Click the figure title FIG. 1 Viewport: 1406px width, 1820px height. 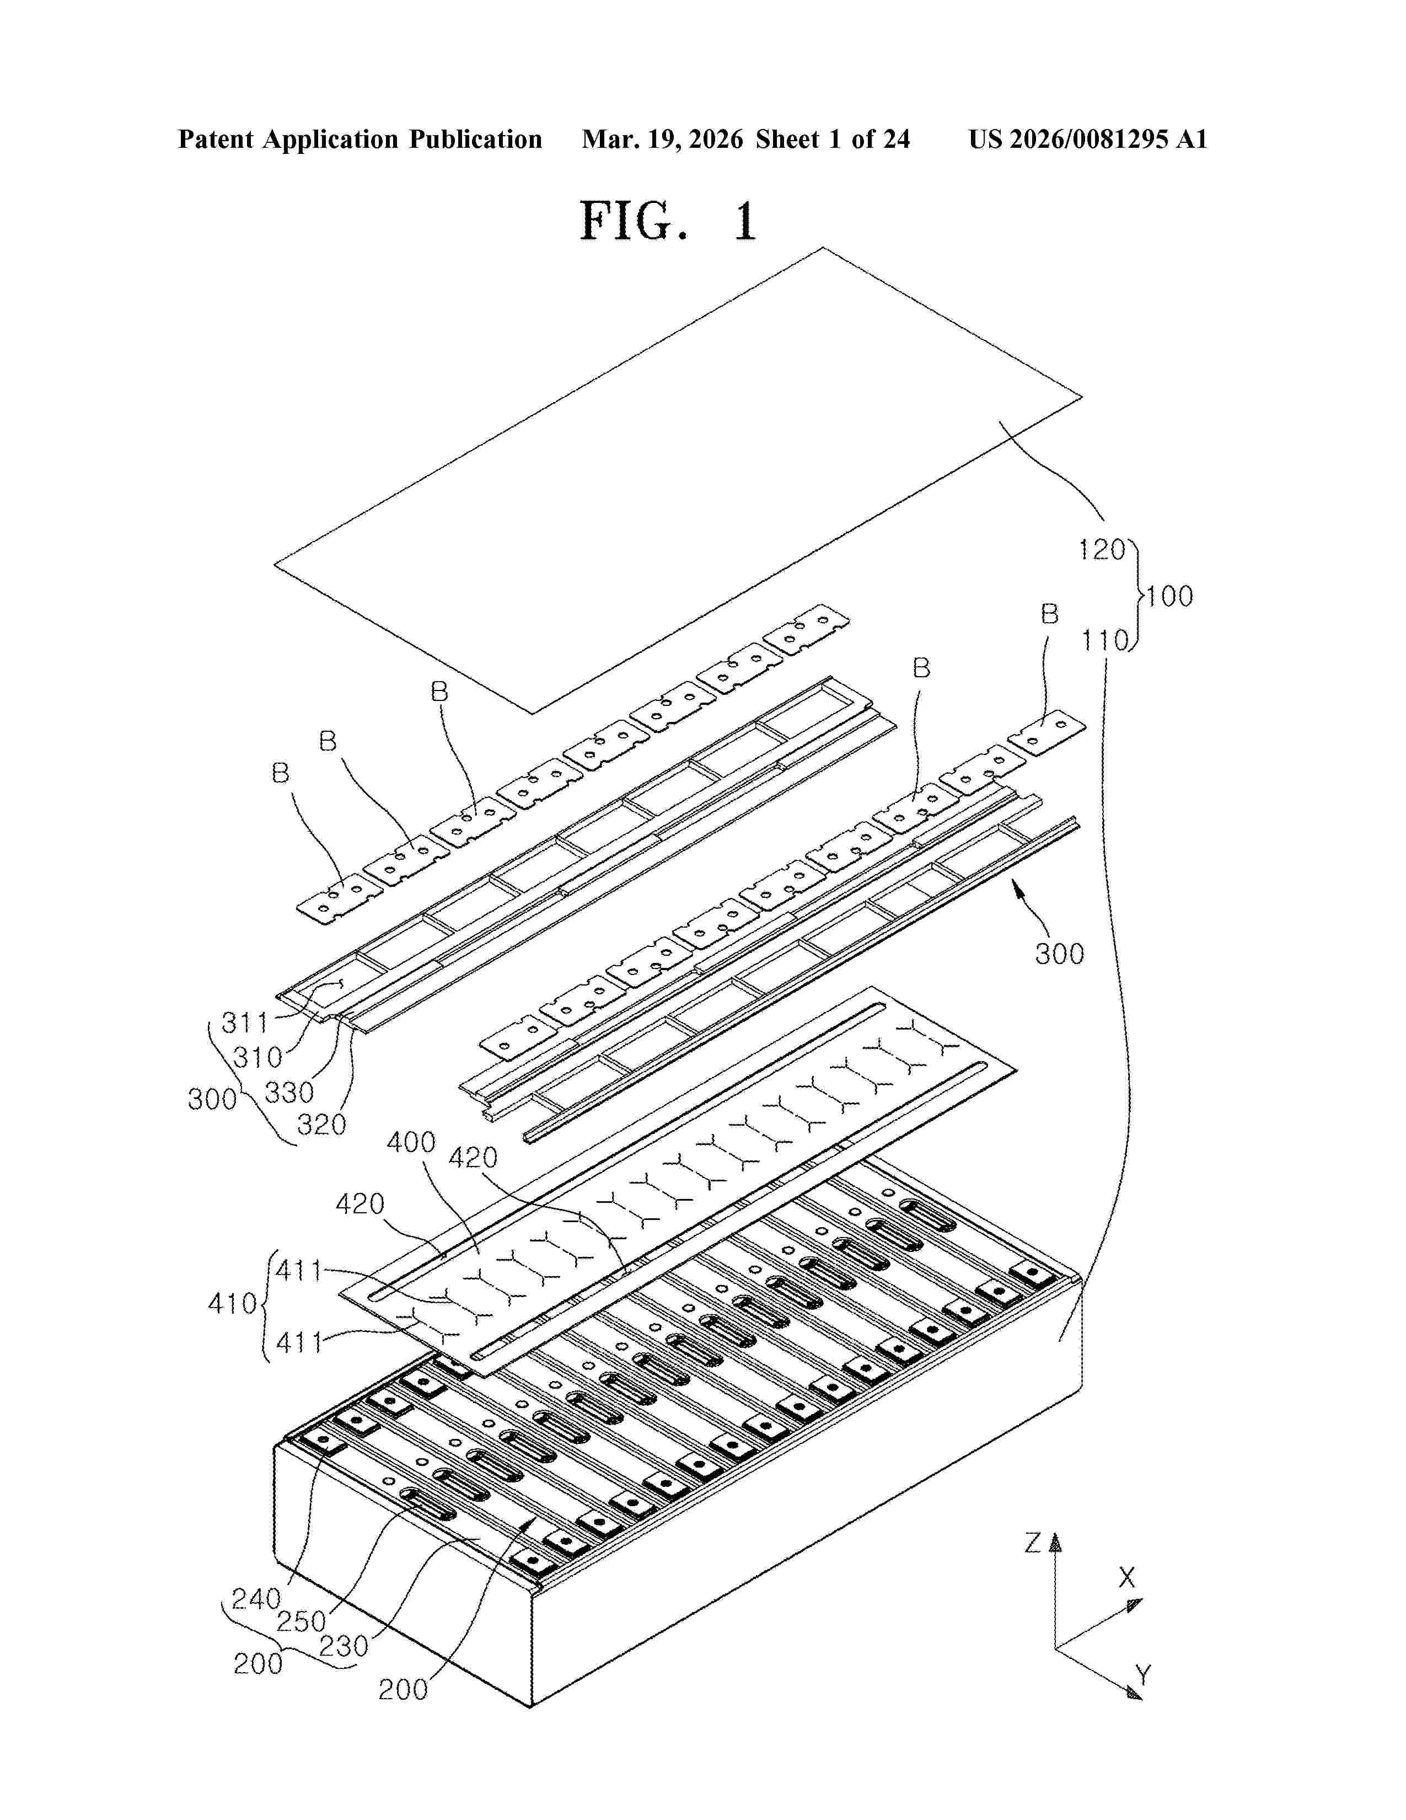coord(668,222)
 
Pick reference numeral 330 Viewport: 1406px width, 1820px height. coord(289,1091)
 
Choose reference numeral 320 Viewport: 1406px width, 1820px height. coord(321,1125)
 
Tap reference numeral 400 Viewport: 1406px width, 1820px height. coord(411,1142)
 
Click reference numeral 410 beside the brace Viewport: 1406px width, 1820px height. coord(232,1303)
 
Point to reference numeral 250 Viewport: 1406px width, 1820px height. coord(300,1621)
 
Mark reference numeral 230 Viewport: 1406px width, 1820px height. coord(343,1646)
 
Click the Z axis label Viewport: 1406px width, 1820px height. coord(1033,1543)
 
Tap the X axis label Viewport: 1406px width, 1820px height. coord(1126,1577)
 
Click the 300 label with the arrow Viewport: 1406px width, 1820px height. coord(1060,954)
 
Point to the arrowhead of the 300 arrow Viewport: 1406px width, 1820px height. coord(1015,886)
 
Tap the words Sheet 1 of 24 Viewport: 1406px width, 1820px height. coord(833,139)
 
